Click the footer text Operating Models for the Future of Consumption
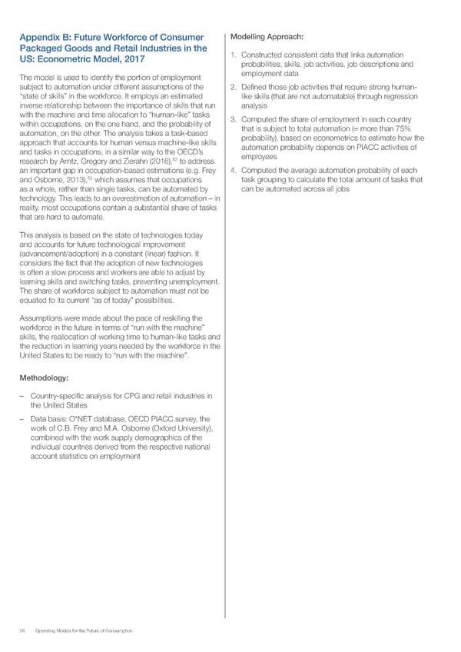[x=85, y=630]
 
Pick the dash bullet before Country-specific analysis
[x=24, y=397]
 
